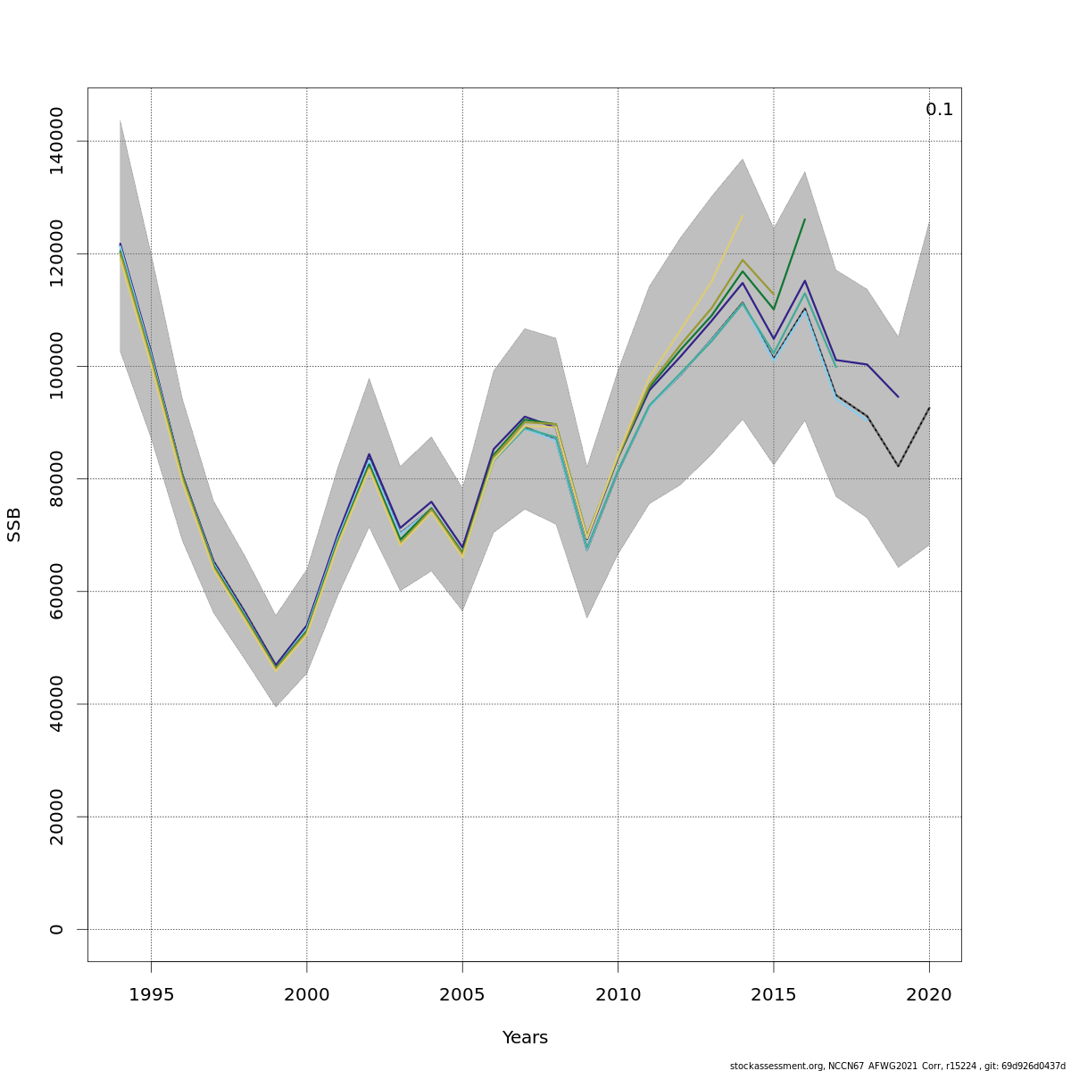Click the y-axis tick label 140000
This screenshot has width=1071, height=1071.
(x=56, y=141)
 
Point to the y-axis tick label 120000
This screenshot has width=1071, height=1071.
(x=56, y=253)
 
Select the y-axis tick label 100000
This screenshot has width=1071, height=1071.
(x=56, y=366)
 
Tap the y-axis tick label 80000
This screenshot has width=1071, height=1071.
(x=56, y=478)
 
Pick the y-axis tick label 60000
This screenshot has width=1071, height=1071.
(x=56, y=591)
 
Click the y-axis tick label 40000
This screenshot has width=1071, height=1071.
(x=56, y=704)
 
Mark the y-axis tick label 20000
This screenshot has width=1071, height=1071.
(x=56, y=817)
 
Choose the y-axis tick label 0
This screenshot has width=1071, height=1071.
(x=56, y=929)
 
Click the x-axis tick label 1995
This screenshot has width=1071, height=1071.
(x=151, y=995)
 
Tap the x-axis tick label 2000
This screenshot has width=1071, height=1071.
(x=307, y=995)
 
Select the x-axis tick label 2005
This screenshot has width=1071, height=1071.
(x=462, y=995)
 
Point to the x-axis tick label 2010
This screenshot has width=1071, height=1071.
(x=618, y=995)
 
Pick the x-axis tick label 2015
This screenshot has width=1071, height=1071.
(x=774, y=995)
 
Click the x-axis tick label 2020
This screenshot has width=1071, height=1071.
(x=929, y=995)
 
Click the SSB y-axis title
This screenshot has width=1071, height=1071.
(x=14, y=524)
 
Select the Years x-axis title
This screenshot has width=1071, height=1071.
(x=525, y=1038)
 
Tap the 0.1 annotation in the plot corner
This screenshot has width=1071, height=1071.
(x=939, y=110)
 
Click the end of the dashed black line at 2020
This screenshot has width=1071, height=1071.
(x=929, y=408)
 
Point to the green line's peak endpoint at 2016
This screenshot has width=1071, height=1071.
(x=804, y=220)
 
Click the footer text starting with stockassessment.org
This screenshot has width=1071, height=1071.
(x=897, y=1066)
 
